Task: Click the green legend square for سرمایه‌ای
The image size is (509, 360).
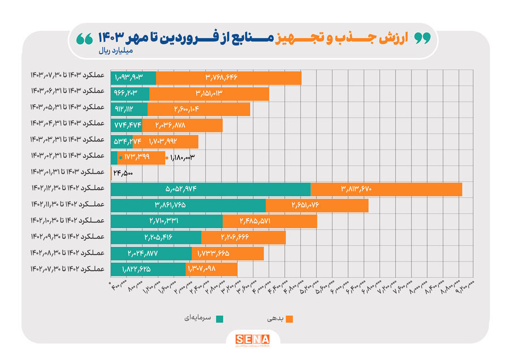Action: click(219, 319)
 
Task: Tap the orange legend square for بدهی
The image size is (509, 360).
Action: click(290, 319)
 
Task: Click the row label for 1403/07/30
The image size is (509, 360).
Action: click(68, 75)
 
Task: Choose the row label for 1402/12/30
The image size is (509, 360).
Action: click(68, 187)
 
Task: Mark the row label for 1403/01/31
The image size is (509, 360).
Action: click(68, 172)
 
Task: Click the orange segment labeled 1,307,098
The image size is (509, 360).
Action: click(211, 269)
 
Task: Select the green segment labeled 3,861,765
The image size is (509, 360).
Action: click(188, 205)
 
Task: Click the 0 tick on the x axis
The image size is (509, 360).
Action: click(110, 282)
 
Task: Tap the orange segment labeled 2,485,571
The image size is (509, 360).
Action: click(269, 221)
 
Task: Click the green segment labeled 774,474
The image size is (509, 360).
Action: click(126, 125)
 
